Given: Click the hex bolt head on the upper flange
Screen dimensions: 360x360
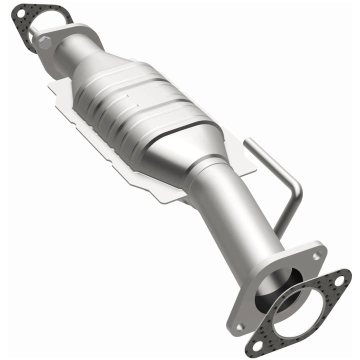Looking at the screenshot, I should click(45, 42).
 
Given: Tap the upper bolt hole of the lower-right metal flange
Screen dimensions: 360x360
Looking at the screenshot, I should click(316, 256).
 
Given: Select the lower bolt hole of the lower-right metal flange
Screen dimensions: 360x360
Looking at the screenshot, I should click(240, 327).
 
